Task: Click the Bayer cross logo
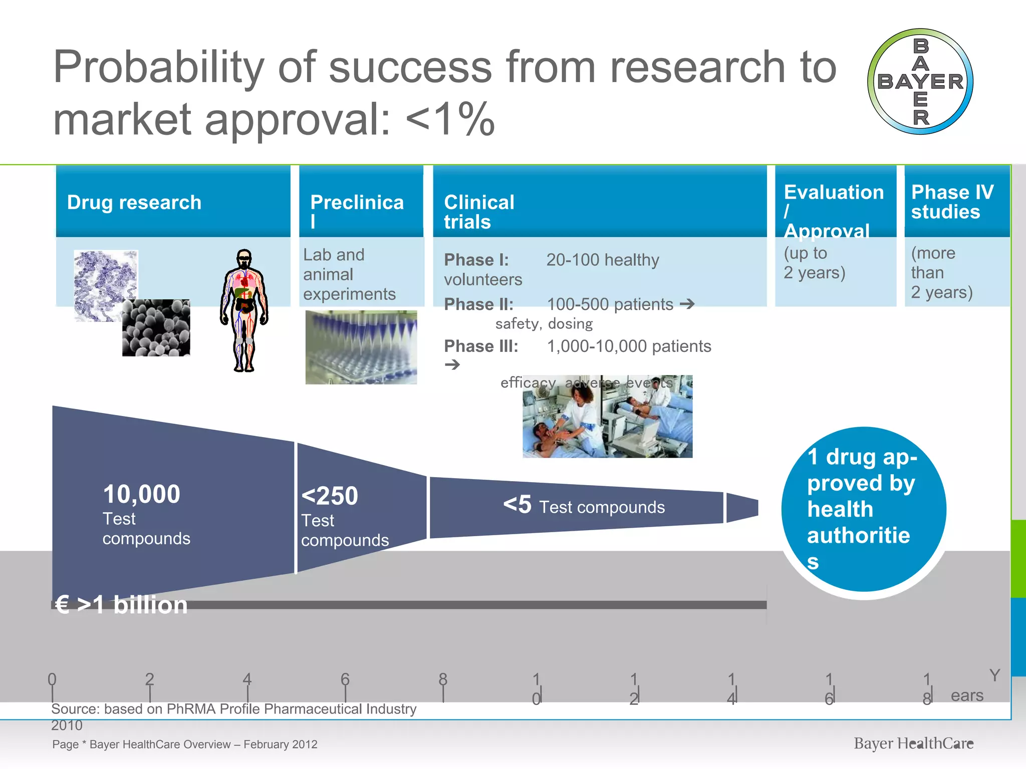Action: coord(920,82)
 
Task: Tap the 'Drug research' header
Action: coord(134,202)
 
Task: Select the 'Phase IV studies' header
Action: coord(952,202)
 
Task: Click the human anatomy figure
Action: coord(244,310)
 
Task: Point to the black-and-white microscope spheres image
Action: coord(156,328)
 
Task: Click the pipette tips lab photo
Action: coord(361,347)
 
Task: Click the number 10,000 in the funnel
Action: coord(141,494)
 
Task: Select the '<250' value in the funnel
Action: coord(330,496)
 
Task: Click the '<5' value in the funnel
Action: coord(517,505)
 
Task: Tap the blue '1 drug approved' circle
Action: coord(863,509)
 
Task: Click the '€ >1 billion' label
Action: coord(122,605)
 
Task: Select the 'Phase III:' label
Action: coord(481,346)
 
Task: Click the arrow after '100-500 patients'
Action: coord(687,303)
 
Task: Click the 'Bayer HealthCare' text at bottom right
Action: coord(913,743)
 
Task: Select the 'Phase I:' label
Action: coord(476,260)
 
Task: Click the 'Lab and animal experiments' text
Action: coord(349,274)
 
